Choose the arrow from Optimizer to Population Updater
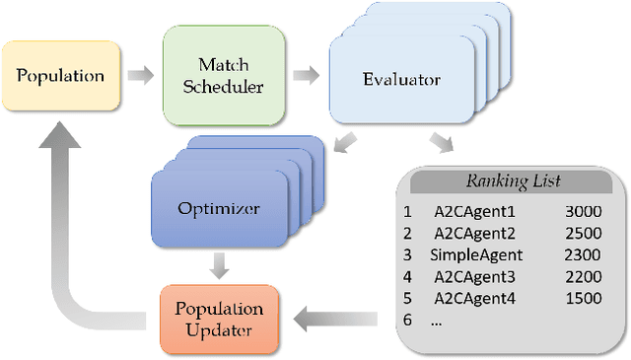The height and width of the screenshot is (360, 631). point(221,263)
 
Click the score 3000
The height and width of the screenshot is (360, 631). point(582,211)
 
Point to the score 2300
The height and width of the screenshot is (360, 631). point(582,254)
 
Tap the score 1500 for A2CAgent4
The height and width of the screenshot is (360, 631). point(582,298)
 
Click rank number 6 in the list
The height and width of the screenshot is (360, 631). point(406,321)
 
